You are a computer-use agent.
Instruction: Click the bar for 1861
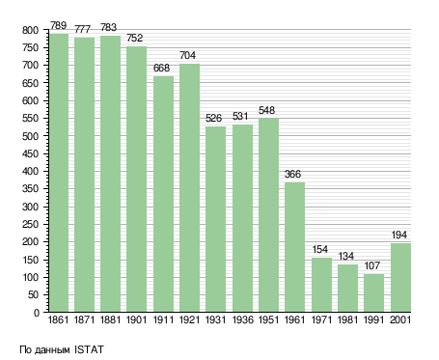(59, 173)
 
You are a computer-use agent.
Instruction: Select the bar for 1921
(189, 187)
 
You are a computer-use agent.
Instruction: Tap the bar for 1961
(294, 247)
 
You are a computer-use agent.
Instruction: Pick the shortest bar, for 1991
(373, 292)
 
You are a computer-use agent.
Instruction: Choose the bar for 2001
(400, 278)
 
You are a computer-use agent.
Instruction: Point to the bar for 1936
(242, 218)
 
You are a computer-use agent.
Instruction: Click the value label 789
(58, 25)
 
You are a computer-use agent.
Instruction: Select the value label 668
(161, 68)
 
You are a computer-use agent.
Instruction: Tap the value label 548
(266, 110)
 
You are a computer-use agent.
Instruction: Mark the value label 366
(292, 174)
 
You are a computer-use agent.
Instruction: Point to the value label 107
(372, 265)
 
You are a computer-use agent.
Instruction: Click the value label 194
(399, 235)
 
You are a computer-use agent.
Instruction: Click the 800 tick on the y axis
(30, 31)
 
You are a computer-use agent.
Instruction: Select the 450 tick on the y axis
(30, 153)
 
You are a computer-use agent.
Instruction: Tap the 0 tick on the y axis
(37, 313)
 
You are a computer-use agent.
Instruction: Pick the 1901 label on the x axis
(136, 319)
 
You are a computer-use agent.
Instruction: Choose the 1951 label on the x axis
(268, 319)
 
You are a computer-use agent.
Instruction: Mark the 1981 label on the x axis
(347, 319)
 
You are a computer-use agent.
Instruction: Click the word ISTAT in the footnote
(89, 349)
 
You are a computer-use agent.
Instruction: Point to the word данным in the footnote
(52, 350)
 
